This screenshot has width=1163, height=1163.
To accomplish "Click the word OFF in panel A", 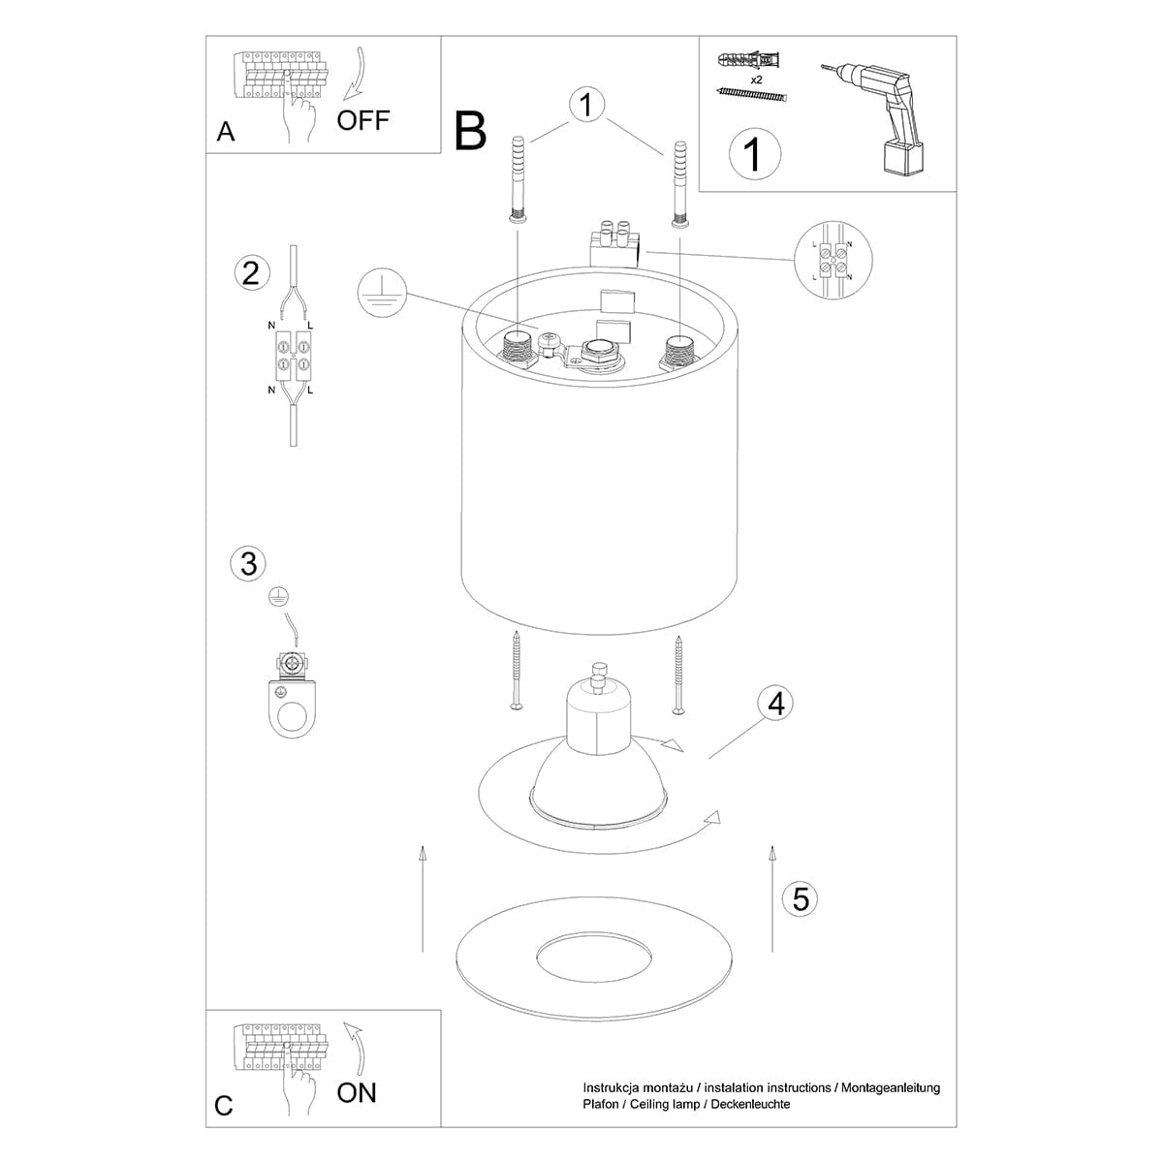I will click(362, 120).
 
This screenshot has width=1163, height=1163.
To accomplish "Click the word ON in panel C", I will click(357, 1093).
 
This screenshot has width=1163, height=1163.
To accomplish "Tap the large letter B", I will click(471, 131).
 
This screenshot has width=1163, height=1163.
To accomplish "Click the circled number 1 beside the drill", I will click(754, 154).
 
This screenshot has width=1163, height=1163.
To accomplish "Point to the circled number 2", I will click(251, 273).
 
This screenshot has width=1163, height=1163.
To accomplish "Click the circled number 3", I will click(249, 563).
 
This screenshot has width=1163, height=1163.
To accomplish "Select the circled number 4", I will click(774, 703).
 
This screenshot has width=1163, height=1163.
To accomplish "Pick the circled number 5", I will click(800, 898).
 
